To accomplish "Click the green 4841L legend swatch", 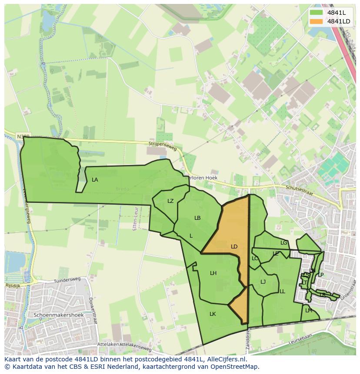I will tap(317, 13).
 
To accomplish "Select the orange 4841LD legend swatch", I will tap(317, 21).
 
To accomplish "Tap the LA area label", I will tap(95, 180).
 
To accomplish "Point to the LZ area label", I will tap(170, 201).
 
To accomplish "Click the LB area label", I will tap(197, 218).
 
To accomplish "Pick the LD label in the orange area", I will tap(234, 247).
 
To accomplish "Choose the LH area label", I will tap(213, 273).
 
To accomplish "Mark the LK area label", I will tap(213, 314).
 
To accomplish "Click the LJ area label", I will tap(263, 282).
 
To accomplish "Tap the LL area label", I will tap(282, 291).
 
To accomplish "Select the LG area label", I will tap(284, 243).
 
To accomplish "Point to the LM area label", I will tap(309, 311).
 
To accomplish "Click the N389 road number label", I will tap(23, 136).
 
